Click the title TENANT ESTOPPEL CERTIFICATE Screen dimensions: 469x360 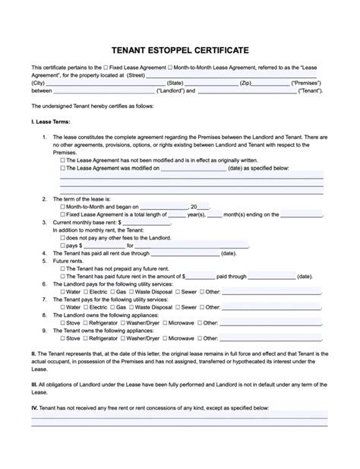180,49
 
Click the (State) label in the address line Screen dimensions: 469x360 175,82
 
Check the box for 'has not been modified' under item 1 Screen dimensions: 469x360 62,160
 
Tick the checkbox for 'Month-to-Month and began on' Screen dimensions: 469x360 62,206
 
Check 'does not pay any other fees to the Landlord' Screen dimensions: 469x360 62,238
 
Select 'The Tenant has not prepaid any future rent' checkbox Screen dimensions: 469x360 62,269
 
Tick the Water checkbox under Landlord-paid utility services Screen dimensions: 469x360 62,292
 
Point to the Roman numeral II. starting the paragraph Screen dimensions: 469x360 33,354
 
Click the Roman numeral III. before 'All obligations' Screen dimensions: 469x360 34,385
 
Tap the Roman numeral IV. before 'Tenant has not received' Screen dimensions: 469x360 34,408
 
